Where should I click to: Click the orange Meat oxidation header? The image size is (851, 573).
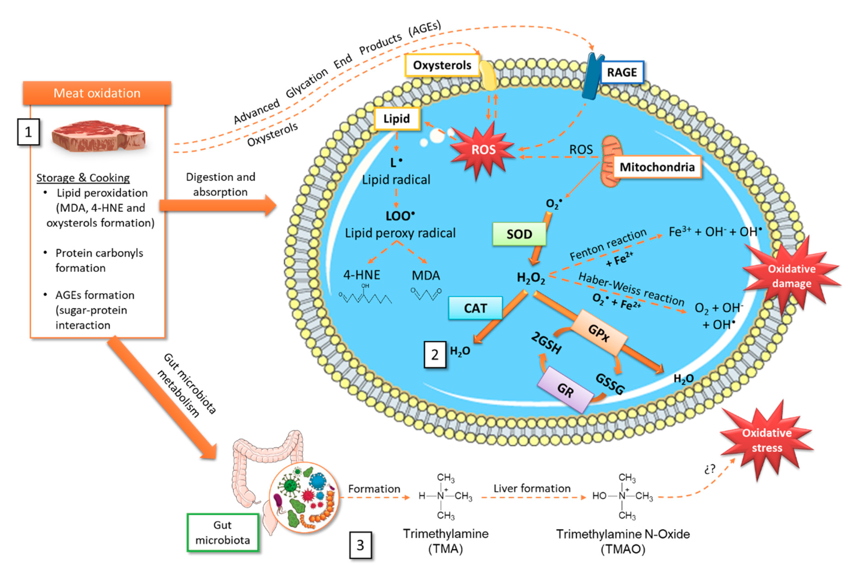97,93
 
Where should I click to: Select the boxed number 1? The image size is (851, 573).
28,132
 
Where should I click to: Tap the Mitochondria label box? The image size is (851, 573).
657,167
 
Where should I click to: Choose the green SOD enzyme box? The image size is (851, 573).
519,234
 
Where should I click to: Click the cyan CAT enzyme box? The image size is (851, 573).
475,308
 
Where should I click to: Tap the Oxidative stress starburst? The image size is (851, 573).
766,440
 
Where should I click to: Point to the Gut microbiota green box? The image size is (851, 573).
222,532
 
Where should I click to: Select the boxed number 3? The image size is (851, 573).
360,545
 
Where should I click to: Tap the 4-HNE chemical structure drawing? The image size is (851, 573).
365,294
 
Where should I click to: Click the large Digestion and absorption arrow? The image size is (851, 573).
218,205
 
